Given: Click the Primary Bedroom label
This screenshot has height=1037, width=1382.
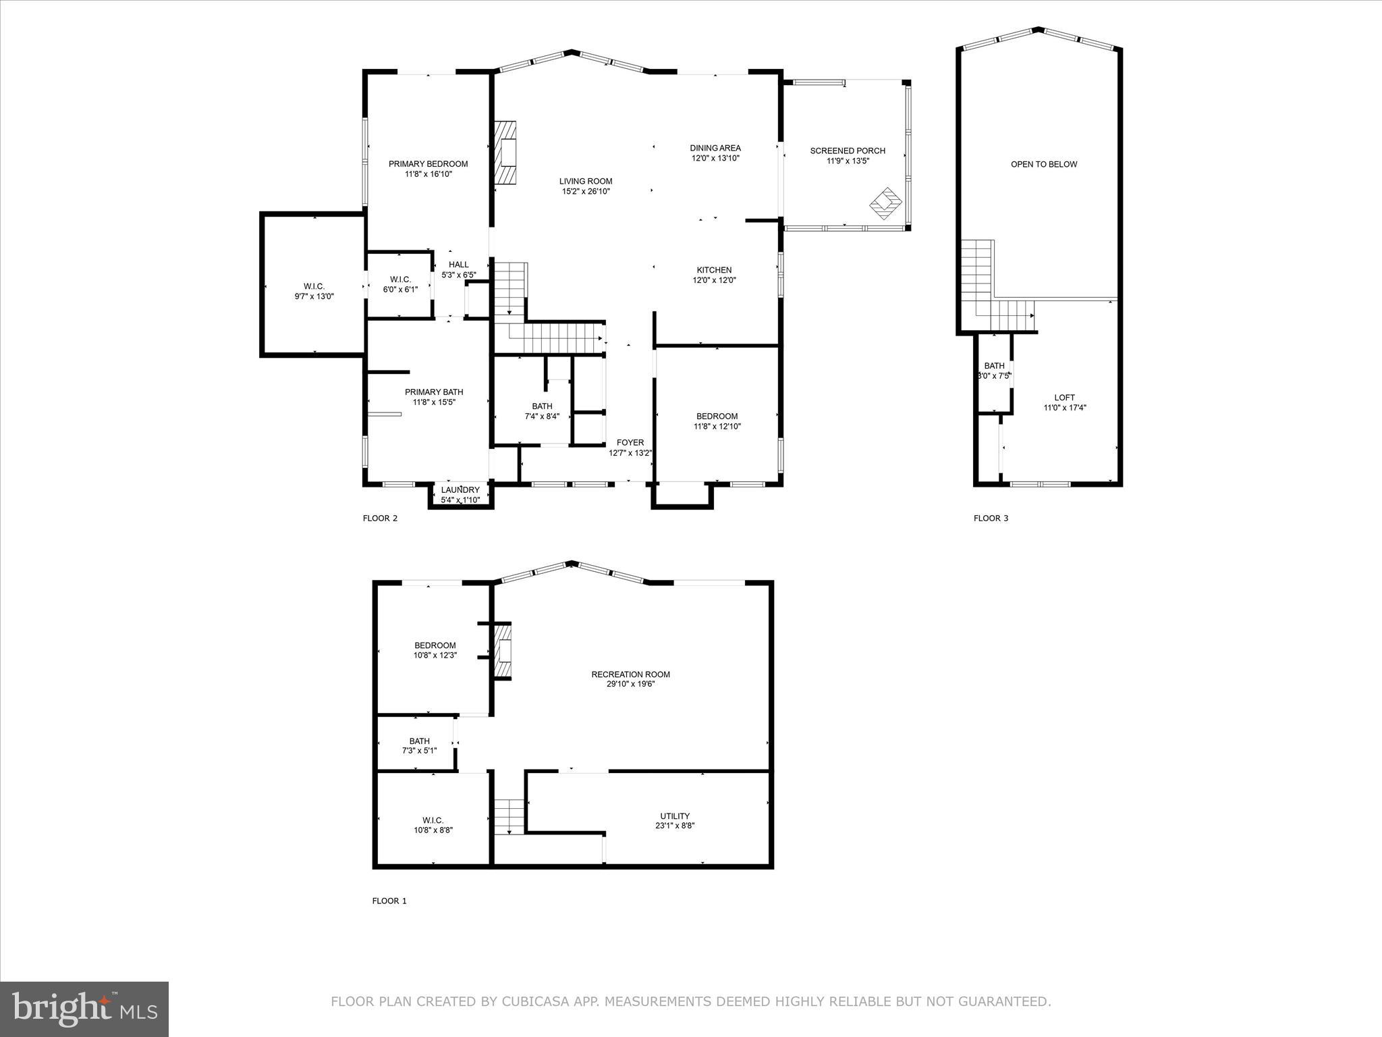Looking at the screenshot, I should click(x=428, y=164).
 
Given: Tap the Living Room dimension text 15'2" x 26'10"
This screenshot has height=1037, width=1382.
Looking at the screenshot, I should click(x=586, y=192).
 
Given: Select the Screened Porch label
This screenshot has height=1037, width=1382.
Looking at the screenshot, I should click(x=848, y=151).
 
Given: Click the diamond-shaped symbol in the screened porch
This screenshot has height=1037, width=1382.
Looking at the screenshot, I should click(x=885, y=203).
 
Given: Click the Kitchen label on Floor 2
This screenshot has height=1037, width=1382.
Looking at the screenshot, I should click(x=714, y=270).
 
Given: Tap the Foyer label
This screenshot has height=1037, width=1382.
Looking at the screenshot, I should click(x=630, y=443).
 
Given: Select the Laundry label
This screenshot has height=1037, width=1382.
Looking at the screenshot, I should click(x=460, y=490).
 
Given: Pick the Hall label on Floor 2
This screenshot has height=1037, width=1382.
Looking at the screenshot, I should click(x=458, y=265).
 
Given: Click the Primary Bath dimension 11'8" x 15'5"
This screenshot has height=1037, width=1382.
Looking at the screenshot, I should click(x=434, y=402).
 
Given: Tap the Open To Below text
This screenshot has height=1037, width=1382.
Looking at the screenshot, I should click(x=1044, y=164).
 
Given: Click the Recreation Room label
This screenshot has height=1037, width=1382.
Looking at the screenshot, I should click(x=630, y=674).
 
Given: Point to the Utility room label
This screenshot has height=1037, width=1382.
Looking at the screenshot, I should click(x=675, y=816).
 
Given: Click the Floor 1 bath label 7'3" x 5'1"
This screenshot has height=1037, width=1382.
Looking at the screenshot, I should click(x=419, y=751).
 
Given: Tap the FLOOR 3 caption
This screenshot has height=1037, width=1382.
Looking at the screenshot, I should click(x=991, y=518).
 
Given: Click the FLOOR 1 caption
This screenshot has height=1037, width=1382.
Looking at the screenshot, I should click(x=389, y=901).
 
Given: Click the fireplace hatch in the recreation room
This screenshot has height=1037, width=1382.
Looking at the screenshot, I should click(x=503, y=652).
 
